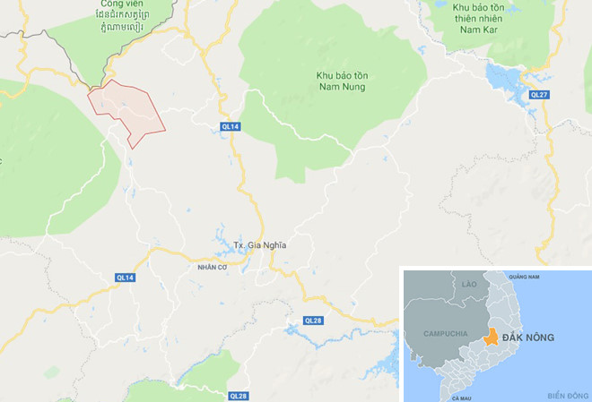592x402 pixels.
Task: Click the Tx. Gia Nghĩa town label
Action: (261, 245)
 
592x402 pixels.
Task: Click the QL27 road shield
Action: (538, 94)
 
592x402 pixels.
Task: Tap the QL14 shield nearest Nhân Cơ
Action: (125, 278)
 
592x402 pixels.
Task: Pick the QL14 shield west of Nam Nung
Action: (230, 127)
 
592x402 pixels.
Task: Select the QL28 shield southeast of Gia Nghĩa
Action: (312, 320)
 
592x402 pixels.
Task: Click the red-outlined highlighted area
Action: (126, 110)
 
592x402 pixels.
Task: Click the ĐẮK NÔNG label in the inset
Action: (528, 338)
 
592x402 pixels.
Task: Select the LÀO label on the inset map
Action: (469, 284)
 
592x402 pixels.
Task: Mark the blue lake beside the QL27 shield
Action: (507, 79)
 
